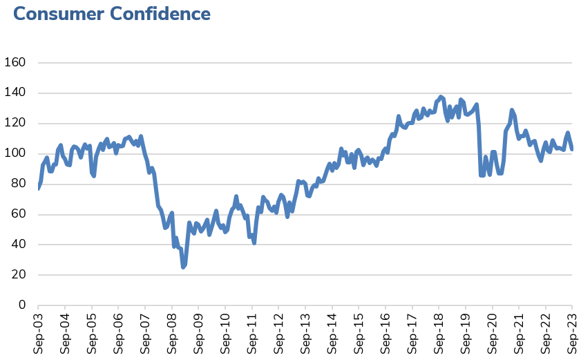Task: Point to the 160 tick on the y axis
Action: pyautogui.click(x=15, y=63)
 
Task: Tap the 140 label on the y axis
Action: pyautogui.click(x=15, y=93)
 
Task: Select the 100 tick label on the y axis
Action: pyautogui.click(x=15, y=153)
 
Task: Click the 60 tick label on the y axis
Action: pyautogui.click(x=19, y=214)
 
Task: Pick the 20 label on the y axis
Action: pyautogui.click(x=19, y=274)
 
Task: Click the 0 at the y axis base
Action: pyautogui.click(x=22, y=305)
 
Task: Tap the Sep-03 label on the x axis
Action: pyautogui.click(x=38, y=333)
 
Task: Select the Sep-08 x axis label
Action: pyautogui.click(x=171, y=333)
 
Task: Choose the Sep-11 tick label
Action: pyautogui.click(x=251, y=333)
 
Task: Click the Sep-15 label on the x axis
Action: pyautogui.click(x=359, y=333)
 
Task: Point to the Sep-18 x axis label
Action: pyautogui.click(x=439, y=333)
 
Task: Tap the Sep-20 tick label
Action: pyautogui.click(x=492, y=333)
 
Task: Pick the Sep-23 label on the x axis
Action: pyautogui.click(x=572, y=333)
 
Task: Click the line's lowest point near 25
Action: pyautogui.click(x=183, y=267)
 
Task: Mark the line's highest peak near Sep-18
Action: pyautogui.click(x=441, y=97)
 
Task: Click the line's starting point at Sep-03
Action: pyautogui.click(x=38, y=188)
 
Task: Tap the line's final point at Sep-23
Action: pyautogui.click(x=572, y=149)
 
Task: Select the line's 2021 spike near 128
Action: pyautogui.click(x=512, y=110)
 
